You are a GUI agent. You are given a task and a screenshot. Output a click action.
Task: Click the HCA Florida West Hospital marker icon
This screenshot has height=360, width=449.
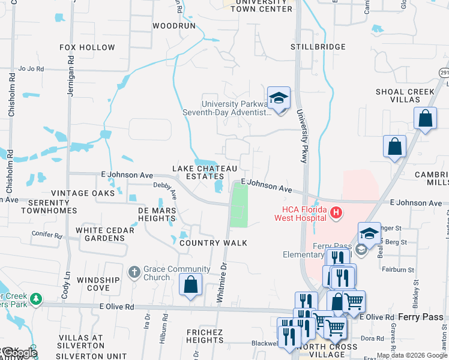336,212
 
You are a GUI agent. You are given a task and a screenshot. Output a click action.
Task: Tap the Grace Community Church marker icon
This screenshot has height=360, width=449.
134,273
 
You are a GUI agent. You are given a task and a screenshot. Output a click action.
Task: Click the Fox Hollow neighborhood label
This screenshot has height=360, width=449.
87,47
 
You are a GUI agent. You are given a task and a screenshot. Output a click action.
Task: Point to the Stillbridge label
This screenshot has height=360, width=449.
318,47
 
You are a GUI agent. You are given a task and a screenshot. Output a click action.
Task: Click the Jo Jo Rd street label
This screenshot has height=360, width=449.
32,69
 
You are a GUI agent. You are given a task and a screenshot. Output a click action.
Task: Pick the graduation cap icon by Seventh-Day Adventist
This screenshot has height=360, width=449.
279,97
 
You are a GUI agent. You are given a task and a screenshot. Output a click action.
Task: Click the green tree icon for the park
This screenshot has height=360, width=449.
36,298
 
